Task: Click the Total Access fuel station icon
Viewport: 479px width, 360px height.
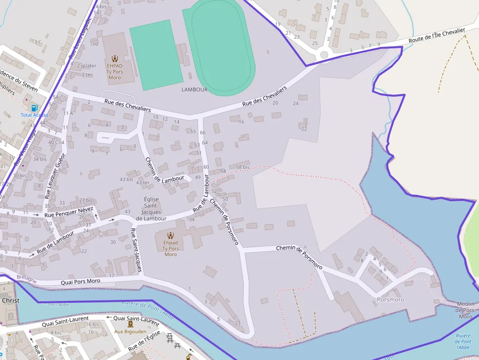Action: pos(34,107)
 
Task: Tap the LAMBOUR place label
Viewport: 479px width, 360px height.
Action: pos(195,90)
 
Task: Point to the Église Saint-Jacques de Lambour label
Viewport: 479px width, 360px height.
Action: pos(151,209)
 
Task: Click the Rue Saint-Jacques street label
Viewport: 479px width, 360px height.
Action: pos(136,250)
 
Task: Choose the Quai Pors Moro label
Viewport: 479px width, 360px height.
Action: pos(80,282)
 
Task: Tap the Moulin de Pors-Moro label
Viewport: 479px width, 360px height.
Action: pos(465,310)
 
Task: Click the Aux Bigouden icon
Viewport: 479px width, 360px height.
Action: pos(131,324)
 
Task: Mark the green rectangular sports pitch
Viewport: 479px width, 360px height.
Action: pos(156,55)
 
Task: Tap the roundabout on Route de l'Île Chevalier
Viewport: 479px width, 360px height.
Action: pos(324,56)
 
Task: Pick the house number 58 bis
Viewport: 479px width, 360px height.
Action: pos(242,167)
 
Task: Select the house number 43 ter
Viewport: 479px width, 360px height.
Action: pos(143,183)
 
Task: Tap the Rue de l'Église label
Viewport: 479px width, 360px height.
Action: pos(145,341)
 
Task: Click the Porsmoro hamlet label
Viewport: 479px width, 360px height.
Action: pos(391,299)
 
